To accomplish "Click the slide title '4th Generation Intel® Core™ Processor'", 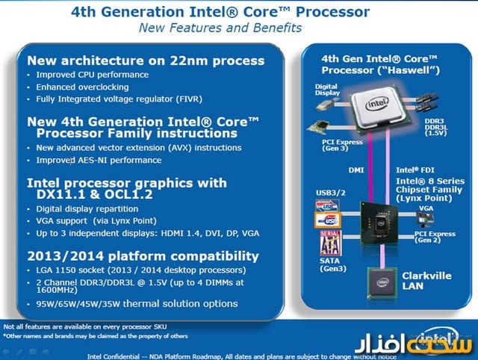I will pyautogui.click(x=220, y=12).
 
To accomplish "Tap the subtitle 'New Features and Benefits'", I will pyautogui.click(x=220, y=28).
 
